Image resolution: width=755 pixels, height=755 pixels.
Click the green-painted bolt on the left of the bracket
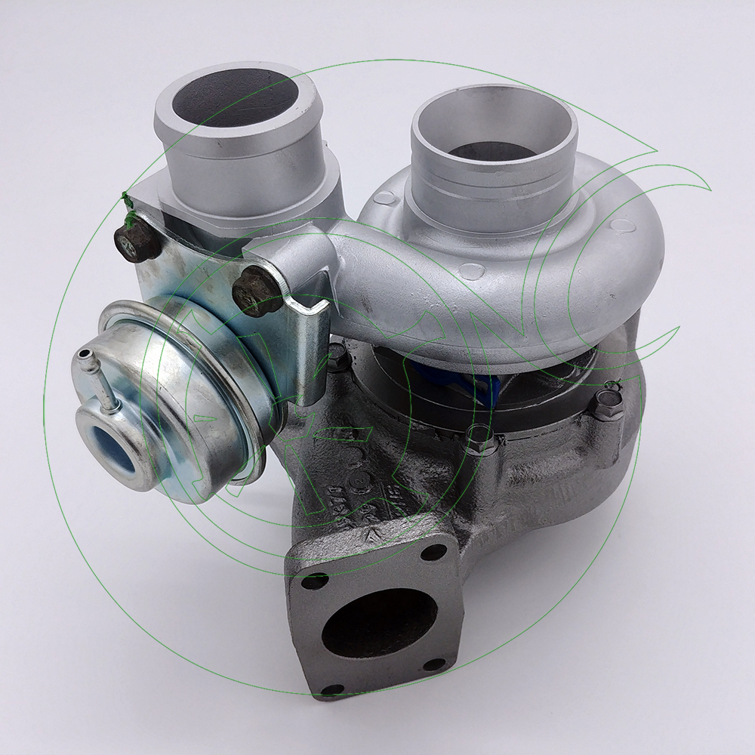[135, 242]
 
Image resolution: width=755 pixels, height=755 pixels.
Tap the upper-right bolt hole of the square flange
[433, 552]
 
